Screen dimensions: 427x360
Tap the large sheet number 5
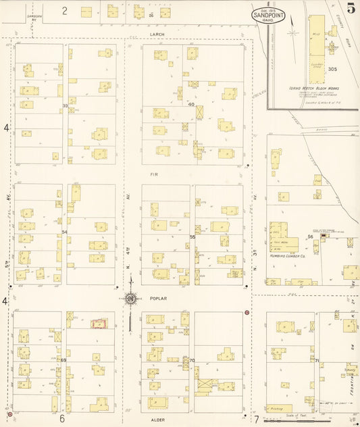point(351,9)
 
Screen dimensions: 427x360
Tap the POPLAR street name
point(158,297)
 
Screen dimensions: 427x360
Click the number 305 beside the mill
point(332,69)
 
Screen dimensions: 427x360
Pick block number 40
point(191,104)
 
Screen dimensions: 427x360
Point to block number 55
point(192,237)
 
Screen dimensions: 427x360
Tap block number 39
point(66,105)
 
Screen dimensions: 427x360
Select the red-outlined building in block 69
point(99,324)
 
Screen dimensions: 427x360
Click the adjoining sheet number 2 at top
point(65,10)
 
